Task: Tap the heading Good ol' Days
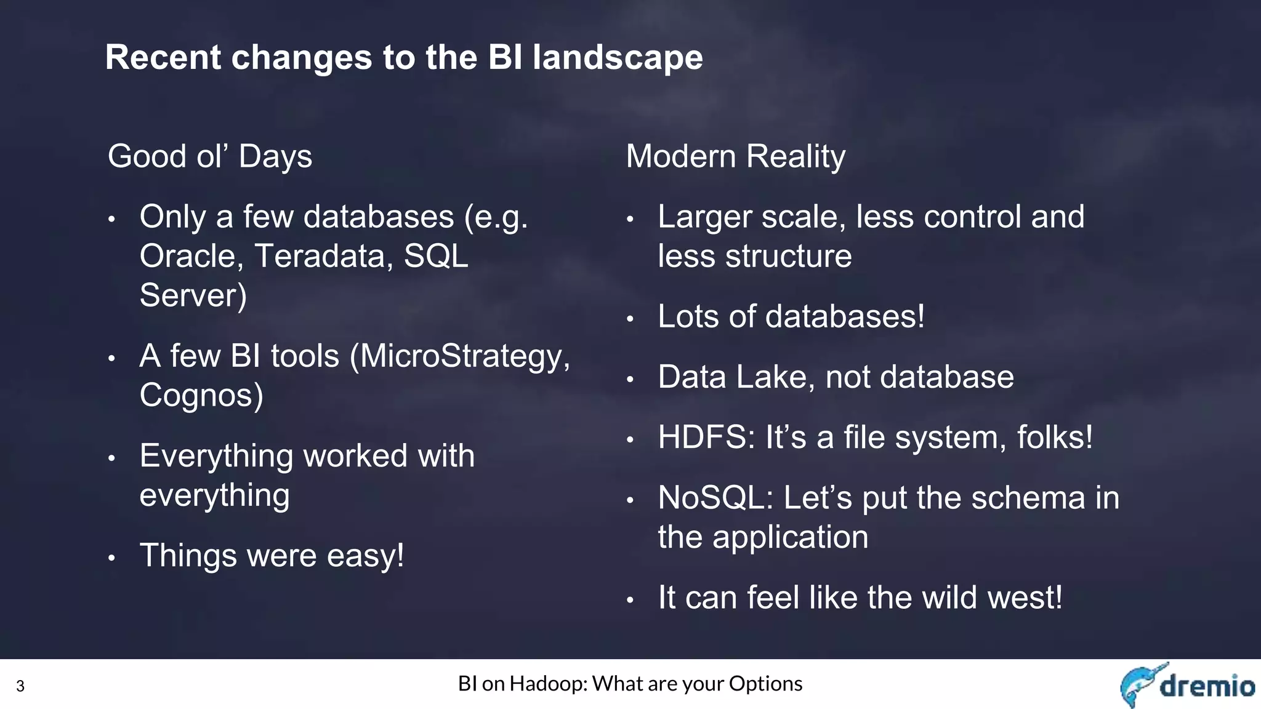point(210,156)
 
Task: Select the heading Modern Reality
point(736,156)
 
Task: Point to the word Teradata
point(324,256)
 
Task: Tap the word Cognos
point(201,396)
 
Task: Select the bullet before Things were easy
point(111,558)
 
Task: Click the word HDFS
point(706,438)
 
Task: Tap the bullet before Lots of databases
point(630,319)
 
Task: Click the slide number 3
point(20,686)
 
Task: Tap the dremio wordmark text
point(1207,686)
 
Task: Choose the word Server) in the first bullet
point(193,295)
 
